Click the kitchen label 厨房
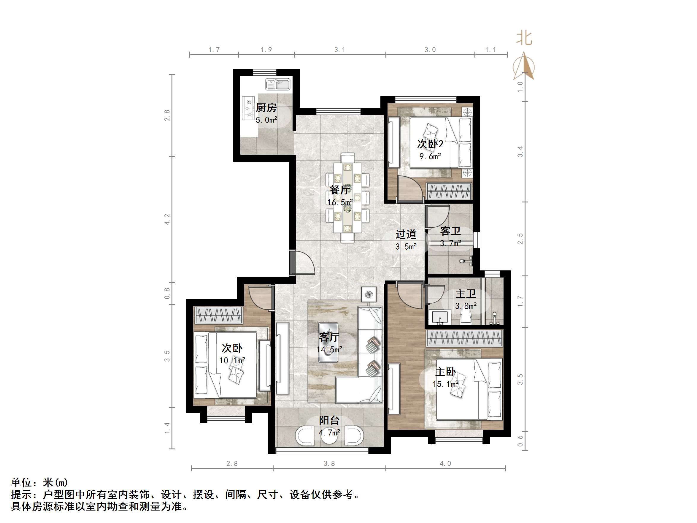pyautogui.click(x=266, y=108)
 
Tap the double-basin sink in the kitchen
pyautogui.click(x=278, y=85)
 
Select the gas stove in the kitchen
pyautogui.click(x=248, y=108)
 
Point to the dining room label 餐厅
pyautogui.click(x=339, y=190)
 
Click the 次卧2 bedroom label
pyautogui.click(x=430, y=144)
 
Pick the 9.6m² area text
pyautogui.click(x=430, y=156)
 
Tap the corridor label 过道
pyautogui.click(x=406, y=234)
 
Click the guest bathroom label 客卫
pyautogui.click(x=450, y=231)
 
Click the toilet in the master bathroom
pyautogui.click(x=465, y=316)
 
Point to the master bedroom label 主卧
pyautogui.click(x=445, y=372)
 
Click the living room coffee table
pyautogui.click(x=328, y=342)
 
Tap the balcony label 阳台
pyautogui.click(x=329, y=420)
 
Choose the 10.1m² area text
pyautogui.click(x=232, y=360)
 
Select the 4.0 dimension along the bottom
pyautogui.click(x=445, y=463)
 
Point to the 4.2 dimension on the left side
pyautogui.click(x=167, y=219)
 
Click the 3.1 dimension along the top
pyautogui.click(x=340, y=50)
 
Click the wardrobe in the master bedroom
pyautogui.click(x=464, y=338)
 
